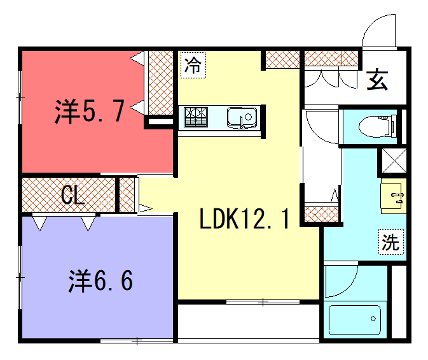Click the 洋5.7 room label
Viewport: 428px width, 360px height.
89,111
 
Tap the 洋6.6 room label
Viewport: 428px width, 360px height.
101,281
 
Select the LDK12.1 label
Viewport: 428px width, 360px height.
244,218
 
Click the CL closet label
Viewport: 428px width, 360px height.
72,195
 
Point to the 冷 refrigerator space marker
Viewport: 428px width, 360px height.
193,65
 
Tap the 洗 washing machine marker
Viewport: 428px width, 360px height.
391,242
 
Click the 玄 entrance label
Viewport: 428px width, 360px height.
377,80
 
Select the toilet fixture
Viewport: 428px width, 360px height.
377,127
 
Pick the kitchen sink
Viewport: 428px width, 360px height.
242,118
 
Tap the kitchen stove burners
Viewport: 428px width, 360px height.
196,117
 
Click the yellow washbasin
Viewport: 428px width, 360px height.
393,196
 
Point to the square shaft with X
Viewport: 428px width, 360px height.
394,161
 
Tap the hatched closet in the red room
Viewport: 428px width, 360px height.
161,83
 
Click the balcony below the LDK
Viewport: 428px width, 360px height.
248,322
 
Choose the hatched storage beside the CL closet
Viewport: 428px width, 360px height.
127,195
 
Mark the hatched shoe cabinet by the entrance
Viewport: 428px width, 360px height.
331,58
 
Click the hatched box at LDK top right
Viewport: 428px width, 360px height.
283,59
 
